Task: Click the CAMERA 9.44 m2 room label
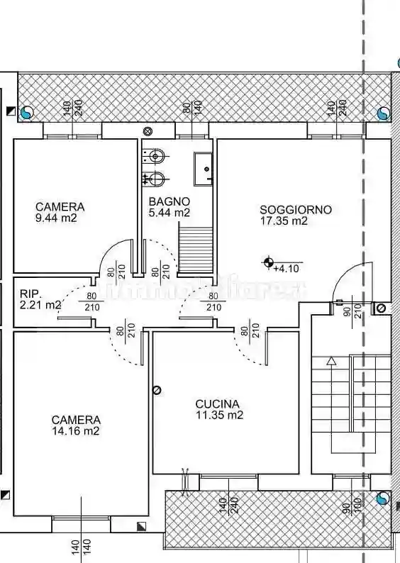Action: [60, 213]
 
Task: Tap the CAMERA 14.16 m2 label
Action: [75, 425]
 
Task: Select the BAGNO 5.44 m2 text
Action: [169, 207]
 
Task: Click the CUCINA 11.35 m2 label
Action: [219, 409]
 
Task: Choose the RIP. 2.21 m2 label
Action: [40, 299]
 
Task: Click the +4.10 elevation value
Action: [288, 268]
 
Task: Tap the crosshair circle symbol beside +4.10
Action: [269, 264]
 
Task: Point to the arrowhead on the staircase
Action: [330, 361]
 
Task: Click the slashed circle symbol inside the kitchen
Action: [157, 389]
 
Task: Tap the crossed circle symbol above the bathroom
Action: [148, 131]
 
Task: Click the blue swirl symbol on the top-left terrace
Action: [27, 112]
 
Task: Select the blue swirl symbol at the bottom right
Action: [384, 499]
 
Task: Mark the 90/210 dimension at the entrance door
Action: [353, 310]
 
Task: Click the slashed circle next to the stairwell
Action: [381, 308]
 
